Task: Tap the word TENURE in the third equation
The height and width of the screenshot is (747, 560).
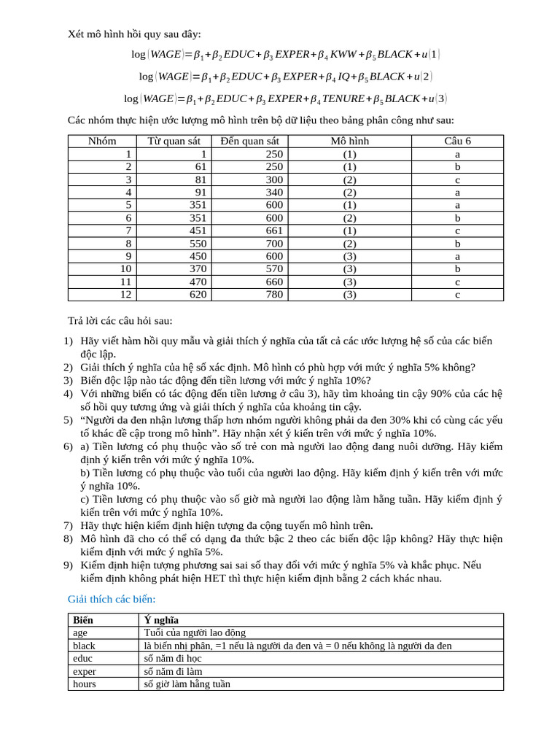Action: click(x=342, y=98)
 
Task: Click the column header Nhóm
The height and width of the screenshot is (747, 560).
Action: click(x=102, y=141)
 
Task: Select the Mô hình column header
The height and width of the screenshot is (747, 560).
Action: click(x=349, y=141)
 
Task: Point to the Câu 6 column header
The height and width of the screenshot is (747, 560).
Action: click(x=457, y=141)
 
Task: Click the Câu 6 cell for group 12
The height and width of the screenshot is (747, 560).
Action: click(x=457, y=295)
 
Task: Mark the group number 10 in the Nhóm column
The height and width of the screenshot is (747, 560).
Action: click(x=126, y=269)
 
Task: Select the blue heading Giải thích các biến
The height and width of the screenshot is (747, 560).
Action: click(x=112, y=599)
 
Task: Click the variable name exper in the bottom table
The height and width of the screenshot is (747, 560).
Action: click(x=85, y=671)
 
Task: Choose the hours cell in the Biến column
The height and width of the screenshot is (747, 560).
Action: click(x=85, y=684)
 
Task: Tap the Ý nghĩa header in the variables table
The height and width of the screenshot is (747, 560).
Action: click(x=161, y=619)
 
